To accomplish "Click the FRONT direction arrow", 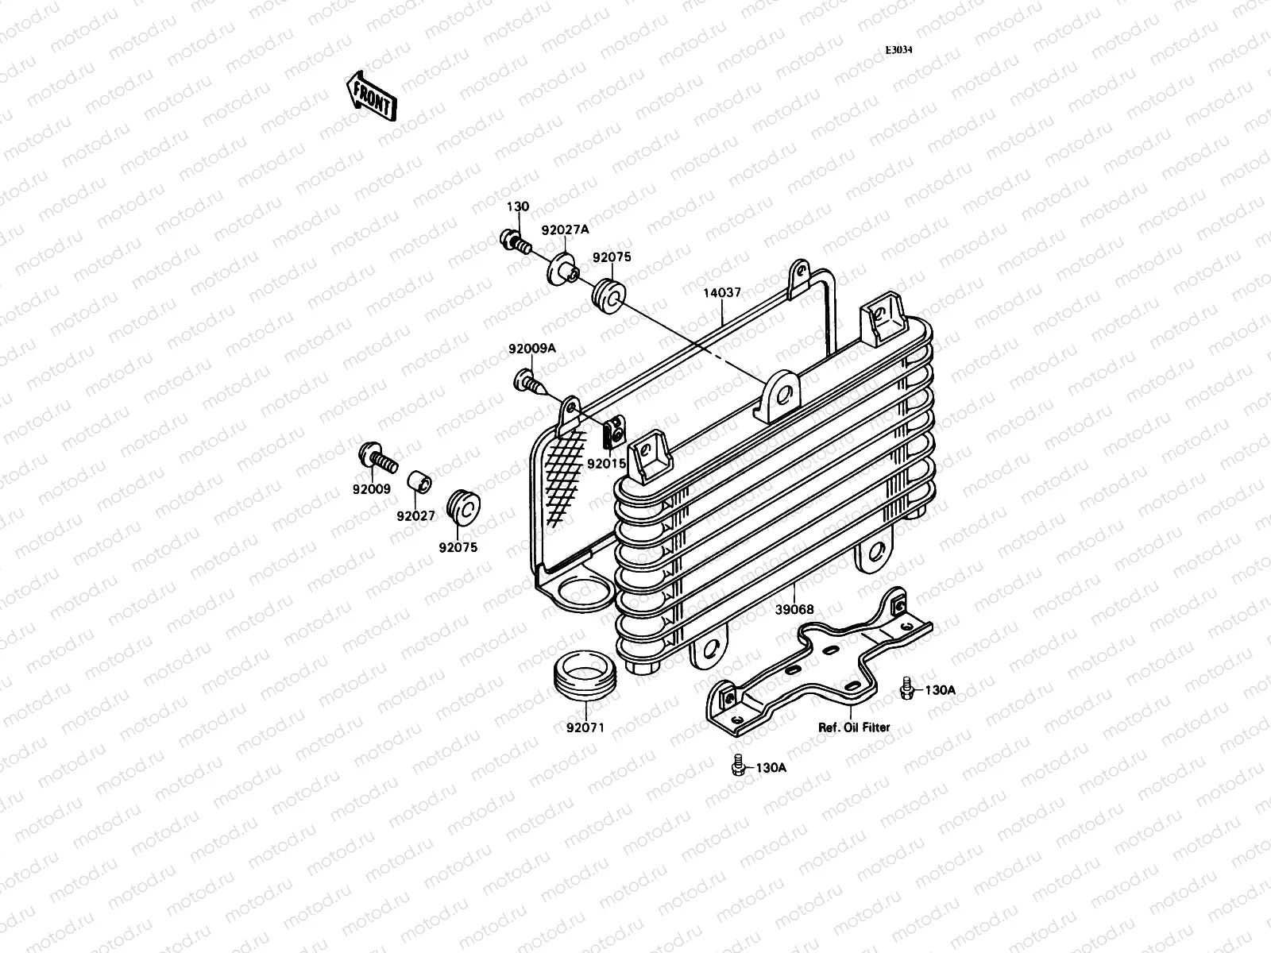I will [370, 96].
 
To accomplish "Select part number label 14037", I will [721, 293].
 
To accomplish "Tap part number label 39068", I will [794, 610].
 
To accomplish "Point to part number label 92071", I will [585, 727].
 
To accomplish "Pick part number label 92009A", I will [532, 349].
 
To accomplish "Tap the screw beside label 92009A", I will [531, 382].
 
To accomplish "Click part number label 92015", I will [606, 463].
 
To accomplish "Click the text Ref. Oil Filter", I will [855, 727].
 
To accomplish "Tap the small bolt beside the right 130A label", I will [906, 689].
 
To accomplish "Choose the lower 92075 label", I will [458, 547].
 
